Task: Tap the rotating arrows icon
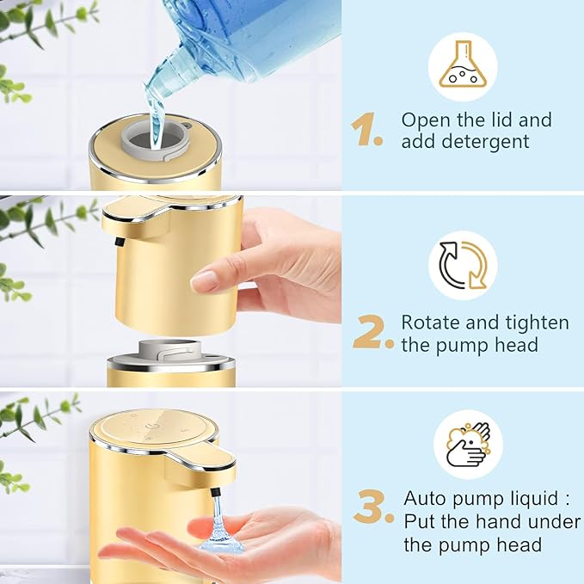click(x=463, y=266)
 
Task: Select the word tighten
click(x=534, y=323)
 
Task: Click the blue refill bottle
click(x=258, y=39)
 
